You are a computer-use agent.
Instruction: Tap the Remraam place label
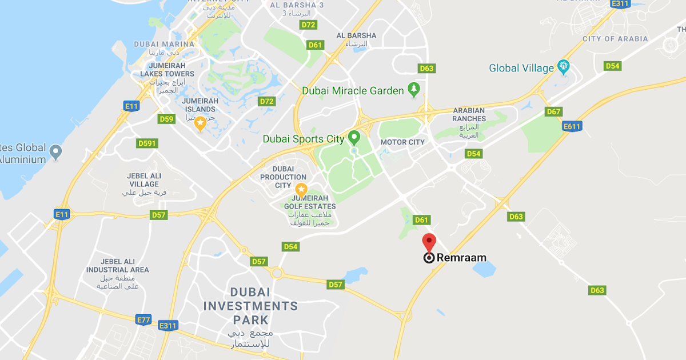coord(461,258)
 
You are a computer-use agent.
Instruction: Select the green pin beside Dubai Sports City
coord(354,137)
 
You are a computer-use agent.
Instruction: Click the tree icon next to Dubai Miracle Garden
coord(414,89)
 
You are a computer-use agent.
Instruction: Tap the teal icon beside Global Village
coord(564,67)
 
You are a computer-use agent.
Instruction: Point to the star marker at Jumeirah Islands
coord(200,122)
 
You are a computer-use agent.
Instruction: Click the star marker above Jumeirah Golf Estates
coord(301,189)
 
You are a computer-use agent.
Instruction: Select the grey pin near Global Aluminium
coord(55,151)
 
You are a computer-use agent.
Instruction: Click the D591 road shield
coord(147,143)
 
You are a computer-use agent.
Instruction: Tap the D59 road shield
coord(166,119)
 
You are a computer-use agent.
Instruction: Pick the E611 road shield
coord(572,126)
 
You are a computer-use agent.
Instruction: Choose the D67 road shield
coord(553,111)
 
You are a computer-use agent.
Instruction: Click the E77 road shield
coord(143,320)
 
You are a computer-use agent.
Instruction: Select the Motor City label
coord(402,142)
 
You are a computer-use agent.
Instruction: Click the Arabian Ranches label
coord(469,115)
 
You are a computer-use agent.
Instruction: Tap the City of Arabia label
coord(615,39)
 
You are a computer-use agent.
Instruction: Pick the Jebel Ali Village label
coord(144,180)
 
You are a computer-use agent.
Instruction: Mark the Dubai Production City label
coord(283,177)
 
